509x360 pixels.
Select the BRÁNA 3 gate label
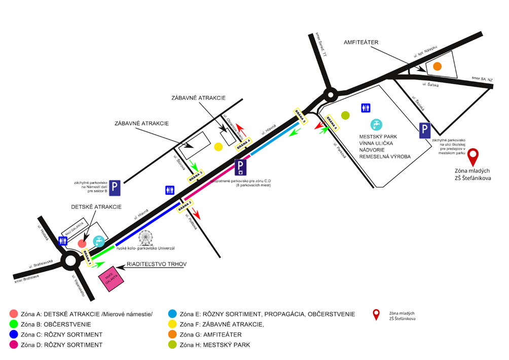coord(196,176)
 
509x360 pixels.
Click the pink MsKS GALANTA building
coord(112,278)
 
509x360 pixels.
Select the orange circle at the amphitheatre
coord(437,66)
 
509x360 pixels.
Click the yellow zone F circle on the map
coord(219,147)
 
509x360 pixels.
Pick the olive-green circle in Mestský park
coord(346,116)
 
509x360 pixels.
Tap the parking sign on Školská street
coord(425,131)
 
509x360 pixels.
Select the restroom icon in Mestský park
coord(366,107)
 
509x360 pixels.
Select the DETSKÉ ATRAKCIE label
coord(96,207)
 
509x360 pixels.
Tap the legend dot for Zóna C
coord(14,335)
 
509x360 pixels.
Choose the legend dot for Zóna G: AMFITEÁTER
coord(172,335)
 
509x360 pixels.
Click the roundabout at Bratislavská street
coord(70,261)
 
